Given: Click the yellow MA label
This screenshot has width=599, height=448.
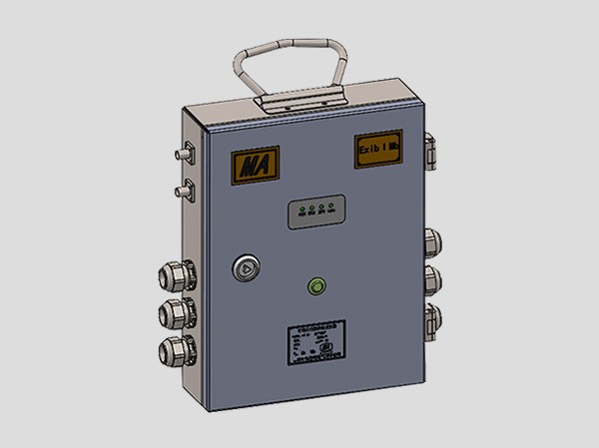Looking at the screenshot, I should (x=256, y=164).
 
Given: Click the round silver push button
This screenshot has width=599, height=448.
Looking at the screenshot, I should (x=246, y=267).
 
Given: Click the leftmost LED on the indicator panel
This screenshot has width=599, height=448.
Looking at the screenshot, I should (x=298, y=211).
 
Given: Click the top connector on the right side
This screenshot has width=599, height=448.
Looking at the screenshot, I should (x=432, y=241).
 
